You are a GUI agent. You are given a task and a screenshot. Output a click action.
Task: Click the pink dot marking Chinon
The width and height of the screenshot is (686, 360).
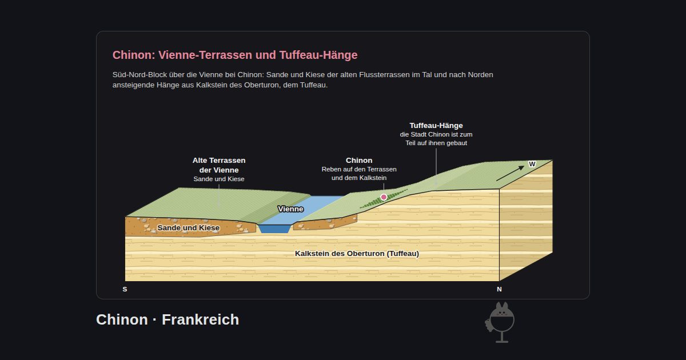(x=384, y=197)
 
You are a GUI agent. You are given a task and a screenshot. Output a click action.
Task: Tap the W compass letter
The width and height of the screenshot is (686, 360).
(x=532, y=164)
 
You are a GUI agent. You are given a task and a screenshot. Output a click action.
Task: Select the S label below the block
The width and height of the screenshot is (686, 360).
(x=125, y=289)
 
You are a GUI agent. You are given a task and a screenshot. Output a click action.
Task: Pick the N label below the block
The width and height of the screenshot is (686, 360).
(x=499, y=289)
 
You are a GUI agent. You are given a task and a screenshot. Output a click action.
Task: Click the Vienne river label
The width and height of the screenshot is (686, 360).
(x=290, y=209)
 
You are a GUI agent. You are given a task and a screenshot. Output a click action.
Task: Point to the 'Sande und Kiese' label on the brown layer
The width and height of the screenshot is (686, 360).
(x=188, y=228)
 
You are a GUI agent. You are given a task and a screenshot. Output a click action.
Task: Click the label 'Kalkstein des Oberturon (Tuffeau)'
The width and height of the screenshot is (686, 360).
(x=357, y=254)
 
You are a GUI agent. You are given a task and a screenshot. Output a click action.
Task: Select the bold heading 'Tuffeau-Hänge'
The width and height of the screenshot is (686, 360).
(x=436, y=126)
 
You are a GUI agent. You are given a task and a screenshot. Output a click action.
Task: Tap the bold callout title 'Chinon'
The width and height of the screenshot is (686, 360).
(x=359, y=161)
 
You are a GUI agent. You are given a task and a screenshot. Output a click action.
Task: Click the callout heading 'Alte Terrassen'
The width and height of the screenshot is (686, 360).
(x=219, y=161)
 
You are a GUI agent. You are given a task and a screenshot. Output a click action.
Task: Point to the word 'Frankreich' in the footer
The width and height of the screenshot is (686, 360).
(x=200, y=319)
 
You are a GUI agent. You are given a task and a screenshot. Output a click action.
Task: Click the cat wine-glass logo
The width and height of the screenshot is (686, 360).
(x=500, y=322)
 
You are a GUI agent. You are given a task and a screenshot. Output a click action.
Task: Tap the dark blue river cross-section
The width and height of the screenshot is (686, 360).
(x=274, y=229)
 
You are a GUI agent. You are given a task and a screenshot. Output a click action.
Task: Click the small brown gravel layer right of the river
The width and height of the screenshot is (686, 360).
(x=325, y=223)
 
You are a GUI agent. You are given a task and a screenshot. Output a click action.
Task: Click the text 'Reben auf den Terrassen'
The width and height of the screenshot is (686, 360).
(x=359, y=169)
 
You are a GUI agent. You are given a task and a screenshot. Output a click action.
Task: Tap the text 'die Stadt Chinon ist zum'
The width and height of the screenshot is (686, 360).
(x=436, y=134)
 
